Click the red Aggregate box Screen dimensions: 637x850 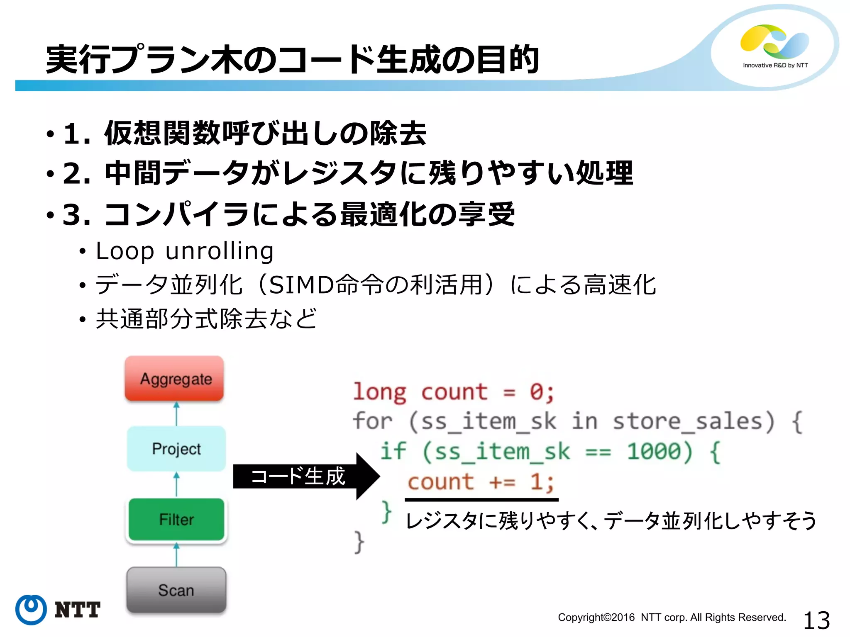(x=174, y=379)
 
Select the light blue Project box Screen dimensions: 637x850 (x=176, y=449)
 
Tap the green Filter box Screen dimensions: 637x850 (x=176, y=519)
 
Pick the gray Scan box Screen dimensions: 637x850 (x=176, y=590)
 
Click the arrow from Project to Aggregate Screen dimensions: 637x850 (x=176, y=414)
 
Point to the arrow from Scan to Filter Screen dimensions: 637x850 (x=176, y=554)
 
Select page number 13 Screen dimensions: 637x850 (x=816, y=620)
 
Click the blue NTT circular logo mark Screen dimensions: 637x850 (x=31, y=609)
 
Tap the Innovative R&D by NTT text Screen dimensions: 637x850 (x=775, y=65)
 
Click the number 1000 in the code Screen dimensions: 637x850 (x=659, y=451)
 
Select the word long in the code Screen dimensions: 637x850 (x=379, y=392)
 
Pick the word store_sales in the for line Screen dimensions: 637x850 (x=694, y=421)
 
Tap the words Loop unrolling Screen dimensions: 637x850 (x=185, y=251)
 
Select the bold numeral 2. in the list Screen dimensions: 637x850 (x=77, y=173)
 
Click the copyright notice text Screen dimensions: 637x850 (x=672, y=618)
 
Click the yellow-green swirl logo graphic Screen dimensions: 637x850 (x=774, y=41)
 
